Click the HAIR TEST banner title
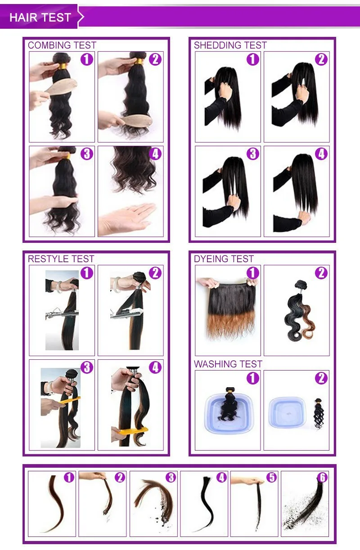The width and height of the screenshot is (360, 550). pos(40,18)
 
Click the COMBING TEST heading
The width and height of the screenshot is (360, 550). pos(62,45)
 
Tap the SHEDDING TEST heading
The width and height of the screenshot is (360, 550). pos(230,45)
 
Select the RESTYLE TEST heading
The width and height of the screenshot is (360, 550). pos(61,259)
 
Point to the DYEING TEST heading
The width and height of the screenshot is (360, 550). pos(224,259)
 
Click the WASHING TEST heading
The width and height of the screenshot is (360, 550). pos(228,364)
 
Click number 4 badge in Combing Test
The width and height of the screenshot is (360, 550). pos(155,154)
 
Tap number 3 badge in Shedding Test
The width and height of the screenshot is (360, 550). pos(253,154)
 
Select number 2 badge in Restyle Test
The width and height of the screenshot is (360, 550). pos(155,273)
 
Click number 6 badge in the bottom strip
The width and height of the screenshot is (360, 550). pos(322,478)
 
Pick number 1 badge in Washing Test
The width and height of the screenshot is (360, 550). pos(253,378)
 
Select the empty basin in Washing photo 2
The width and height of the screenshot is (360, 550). pos(288,411)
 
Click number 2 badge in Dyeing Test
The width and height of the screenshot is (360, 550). pos(321,273)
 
